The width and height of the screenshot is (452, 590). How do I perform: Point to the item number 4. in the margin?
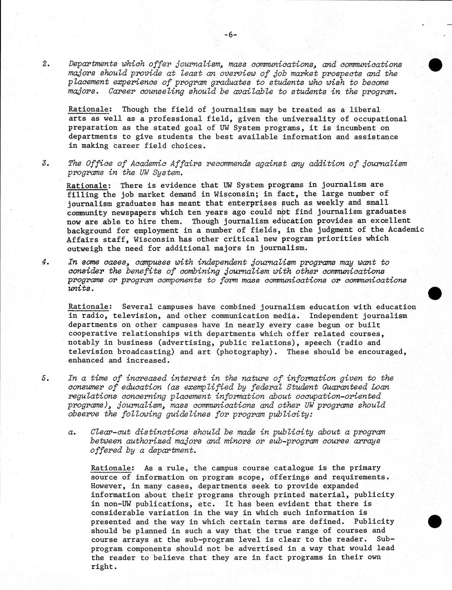point(46,262)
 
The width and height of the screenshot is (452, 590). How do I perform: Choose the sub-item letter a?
point(72,432)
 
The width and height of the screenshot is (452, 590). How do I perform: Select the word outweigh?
point(85,248)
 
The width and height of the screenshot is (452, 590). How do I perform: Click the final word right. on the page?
point(103,566)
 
